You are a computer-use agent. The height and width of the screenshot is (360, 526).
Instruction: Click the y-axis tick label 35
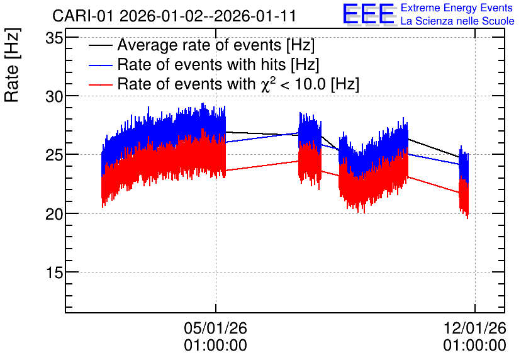pos(54,38)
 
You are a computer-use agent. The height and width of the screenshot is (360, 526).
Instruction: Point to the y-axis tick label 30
pos(54,98)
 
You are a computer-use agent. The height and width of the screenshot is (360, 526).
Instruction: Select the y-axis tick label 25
pos(54,155)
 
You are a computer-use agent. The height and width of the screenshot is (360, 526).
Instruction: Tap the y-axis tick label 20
pos(54,215)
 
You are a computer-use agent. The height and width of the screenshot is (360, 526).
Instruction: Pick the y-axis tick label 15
pos(54,273)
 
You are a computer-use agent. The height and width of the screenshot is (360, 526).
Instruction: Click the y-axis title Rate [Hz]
pos(13,65)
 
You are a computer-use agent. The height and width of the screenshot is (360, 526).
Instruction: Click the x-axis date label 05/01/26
pos(215,328)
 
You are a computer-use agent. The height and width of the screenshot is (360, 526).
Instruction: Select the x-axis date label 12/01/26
pos(474,328)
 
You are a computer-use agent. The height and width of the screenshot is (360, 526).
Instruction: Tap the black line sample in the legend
pos(101,46)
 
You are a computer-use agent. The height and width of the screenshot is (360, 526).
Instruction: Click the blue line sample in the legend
pos(101,65)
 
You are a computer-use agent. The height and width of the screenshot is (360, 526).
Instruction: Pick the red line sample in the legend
pos(101,84)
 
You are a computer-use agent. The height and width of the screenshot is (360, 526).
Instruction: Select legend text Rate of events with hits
pos(201,64)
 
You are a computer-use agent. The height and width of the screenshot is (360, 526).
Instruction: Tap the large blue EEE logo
pos(369,14)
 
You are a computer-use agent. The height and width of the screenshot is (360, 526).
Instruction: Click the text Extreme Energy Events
pos(457,8)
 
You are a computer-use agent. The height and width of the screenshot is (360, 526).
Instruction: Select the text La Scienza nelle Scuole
pos(457,21)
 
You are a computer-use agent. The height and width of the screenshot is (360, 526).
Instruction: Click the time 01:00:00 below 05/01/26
pos(215,346)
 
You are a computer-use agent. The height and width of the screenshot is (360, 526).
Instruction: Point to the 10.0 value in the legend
pos(311,84)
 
